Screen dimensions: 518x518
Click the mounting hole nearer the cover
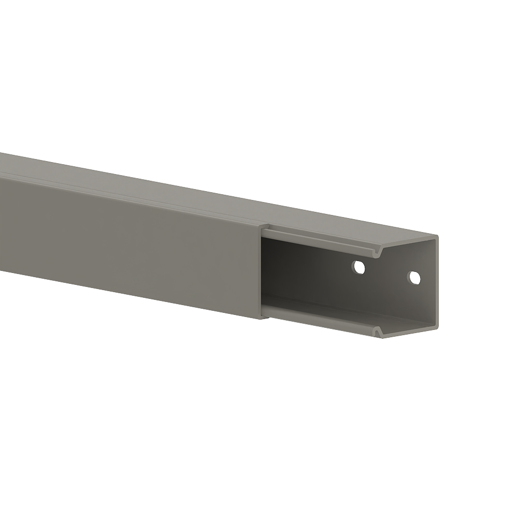358,267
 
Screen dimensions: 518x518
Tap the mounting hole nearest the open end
414,278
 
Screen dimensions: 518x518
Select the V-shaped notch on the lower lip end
380,330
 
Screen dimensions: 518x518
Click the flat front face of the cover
129,243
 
